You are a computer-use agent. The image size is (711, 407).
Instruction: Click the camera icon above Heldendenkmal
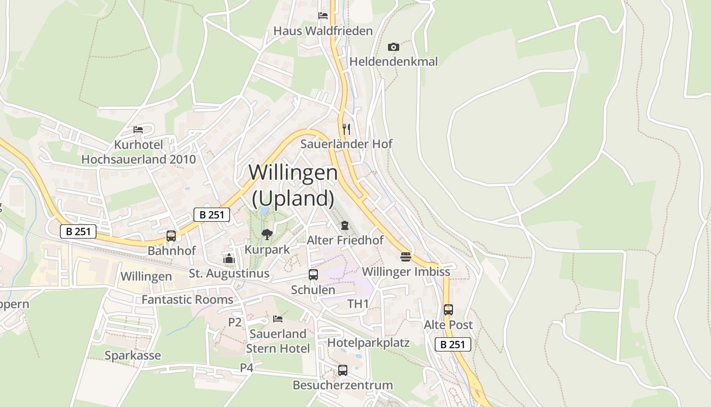(393, 47)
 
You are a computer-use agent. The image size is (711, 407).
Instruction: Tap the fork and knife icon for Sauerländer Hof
(346, 129)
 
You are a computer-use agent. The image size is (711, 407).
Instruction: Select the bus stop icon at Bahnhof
(171, 236)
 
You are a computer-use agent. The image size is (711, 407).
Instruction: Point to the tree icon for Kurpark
(267, 235)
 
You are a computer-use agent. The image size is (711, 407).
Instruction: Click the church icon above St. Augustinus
(229, 259)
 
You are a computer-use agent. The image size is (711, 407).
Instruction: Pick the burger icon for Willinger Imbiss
(405, 256)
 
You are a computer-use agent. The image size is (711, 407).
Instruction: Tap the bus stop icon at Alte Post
(448, 310)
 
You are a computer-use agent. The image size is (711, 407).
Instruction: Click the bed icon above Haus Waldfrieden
(322, 16)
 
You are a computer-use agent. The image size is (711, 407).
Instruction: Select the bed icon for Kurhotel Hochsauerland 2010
(138, 130)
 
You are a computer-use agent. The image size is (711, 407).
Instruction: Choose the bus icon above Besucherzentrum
(343, 370)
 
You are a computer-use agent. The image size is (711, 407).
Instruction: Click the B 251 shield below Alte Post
(453, 344)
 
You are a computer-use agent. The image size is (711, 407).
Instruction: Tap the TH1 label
(358, 304)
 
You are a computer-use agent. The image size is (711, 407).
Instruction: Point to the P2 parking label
(235, 322)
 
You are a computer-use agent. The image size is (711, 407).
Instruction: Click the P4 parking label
(246, 368)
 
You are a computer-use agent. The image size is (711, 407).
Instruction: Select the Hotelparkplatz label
(368, 342)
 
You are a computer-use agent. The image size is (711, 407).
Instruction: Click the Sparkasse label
(133, 356)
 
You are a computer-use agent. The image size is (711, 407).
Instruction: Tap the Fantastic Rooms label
(187, 300)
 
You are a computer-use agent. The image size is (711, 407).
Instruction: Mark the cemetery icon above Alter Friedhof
(345, 225)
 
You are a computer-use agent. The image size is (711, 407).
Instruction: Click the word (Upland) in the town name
(293, 198)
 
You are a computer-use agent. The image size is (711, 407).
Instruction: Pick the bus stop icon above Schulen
(313, 275)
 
